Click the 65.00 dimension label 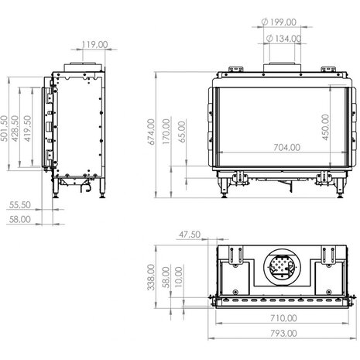pyautogui.click(x=181, y=132)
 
